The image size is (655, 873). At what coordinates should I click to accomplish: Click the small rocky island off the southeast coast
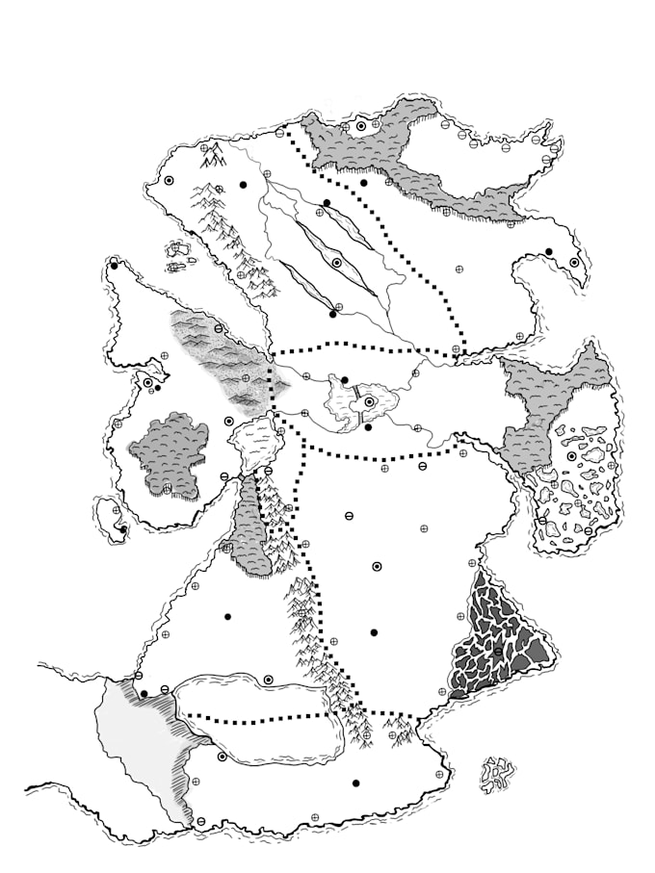[x=496, y=773]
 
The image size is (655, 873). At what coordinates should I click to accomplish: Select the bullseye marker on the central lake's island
[x=368, y=402]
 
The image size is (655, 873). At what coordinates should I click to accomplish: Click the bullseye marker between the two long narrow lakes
[x=336, y=263]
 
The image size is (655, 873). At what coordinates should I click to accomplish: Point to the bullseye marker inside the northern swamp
[x=361, y=125]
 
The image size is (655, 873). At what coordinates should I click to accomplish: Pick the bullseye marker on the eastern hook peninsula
[x=575, y=263]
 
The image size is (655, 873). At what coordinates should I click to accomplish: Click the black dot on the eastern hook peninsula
[x=549, y=252]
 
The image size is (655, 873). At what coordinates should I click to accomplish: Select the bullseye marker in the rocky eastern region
[x=571, y=456]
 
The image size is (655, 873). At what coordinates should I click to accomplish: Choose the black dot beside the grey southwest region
[x=144, y=693]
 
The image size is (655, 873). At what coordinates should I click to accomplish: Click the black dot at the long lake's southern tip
[x=332, y=314]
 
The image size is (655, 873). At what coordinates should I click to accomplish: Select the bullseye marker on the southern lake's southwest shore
[x=223, y=757]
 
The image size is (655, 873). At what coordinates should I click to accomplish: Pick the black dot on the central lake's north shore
[x=345, y=379]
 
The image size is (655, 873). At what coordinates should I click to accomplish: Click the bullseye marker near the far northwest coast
[x=168, y=180]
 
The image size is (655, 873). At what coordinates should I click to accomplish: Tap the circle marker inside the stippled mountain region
[x=220, y=329]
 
